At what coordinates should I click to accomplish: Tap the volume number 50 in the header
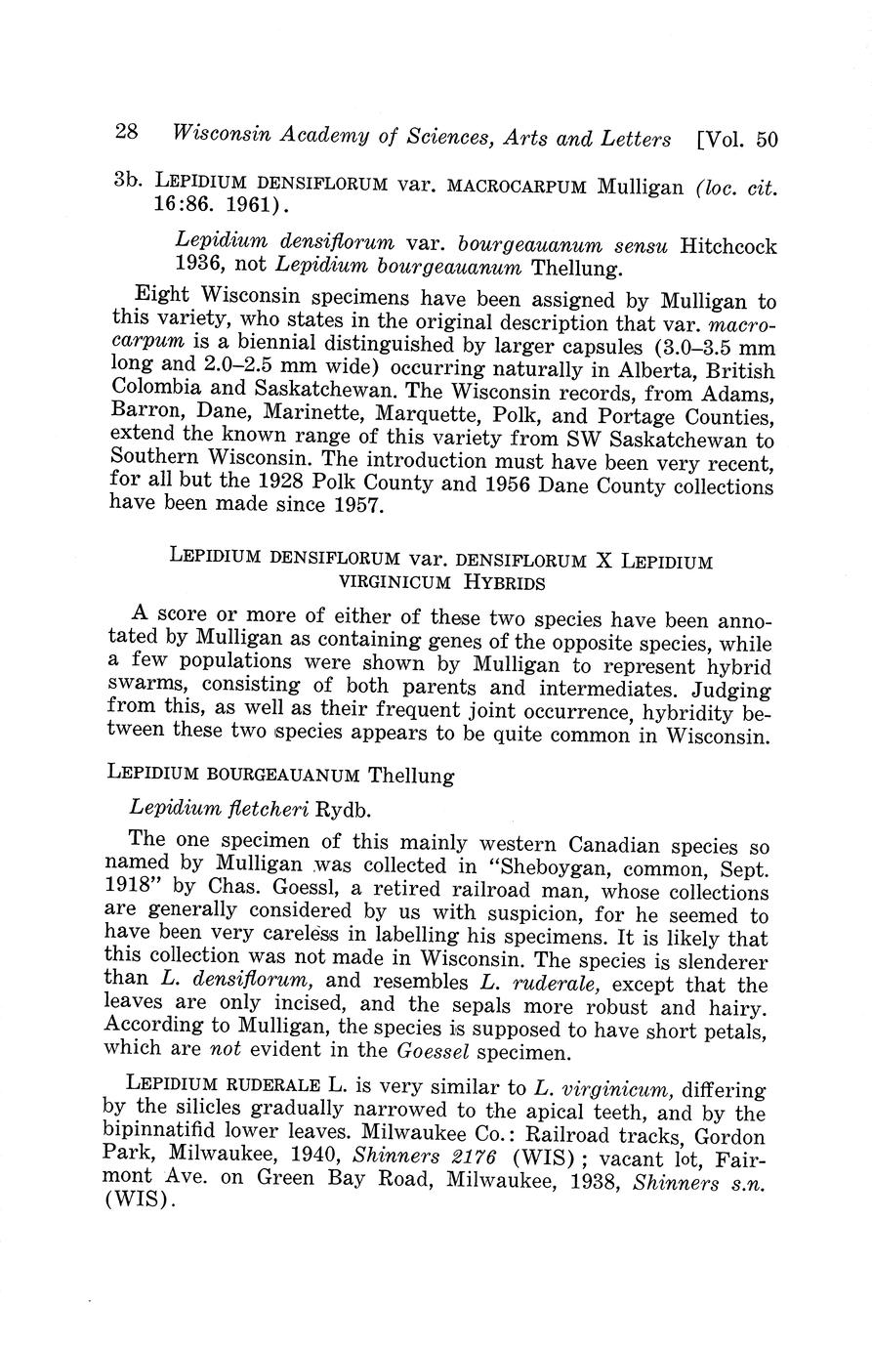click(x=767, y=140)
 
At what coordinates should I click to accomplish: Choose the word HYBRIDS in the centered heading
click(x=505, y=584)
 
